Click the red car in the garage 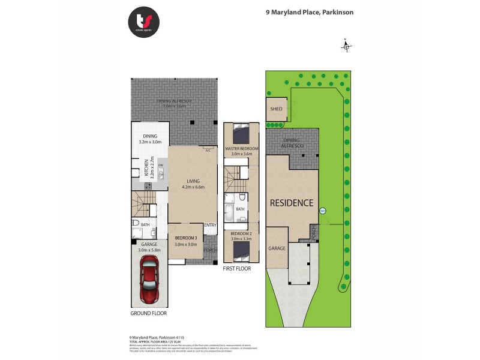[x=149, y=284]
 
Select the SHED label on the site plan [x=276, y=109]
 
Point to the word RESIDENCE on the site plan [x=291, y=203]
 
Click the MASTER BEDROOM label [x=241, y=148]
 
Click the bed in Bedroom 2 [x=241, y=250]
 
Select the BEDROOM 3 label [x=185, y=238]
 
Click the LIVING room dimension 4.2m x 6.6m [x=193, y=187]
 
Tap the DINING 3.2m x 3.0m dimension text [x=149, y=143]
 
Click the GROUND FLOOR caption [x=149, y=313]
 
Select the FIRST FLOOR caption [x=237, y=269]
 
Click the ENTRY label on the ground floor [x=209, y=225]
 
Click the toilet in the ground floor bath [x=136, y=223]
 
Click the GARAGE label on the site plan [x=277, y=248]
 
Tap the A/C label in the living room [x=208, y=151]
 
